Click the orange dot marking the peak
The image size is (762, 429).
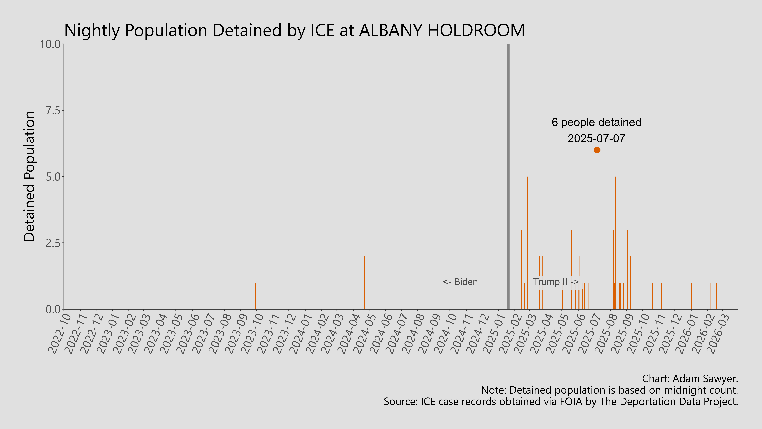[597, 150]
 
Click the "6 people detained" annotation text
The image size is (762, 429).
[596, 122]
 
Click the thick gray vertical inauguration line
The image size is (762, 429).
[508, 178]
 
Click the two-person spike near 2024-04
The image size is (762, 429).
[364, 283]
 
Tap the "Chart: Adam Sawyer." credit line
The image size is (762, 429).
[690, 379]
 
